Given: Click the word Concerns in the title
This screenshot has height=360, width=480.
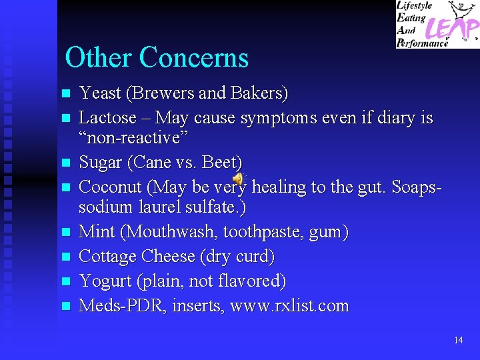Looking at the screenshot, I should (x=194, y=58).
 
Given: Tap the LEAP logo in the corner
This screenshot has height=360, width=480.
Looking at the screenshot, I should (x=437, y=24).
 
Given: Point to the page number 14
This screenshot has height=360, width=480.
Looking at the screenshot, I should (x=458, y=340).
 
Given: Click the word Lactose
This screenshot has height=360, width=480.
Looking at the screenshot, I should (x=105, y=118).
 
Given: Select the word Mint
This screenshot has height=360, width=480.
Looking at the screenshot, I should (x=95, y=232).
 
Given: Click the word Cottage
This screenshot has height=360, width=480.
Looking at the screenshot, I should (x=109, y=257).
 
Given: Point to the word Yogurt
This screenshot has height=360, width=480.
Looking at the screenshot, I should (x=105, y=281).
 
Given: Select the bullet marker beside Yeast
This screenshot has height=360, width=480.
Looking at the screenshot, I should (x=65, y=94).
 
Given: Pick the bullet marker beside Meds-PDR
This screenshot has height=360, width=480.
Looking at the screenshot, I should (x=65, y=307).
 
